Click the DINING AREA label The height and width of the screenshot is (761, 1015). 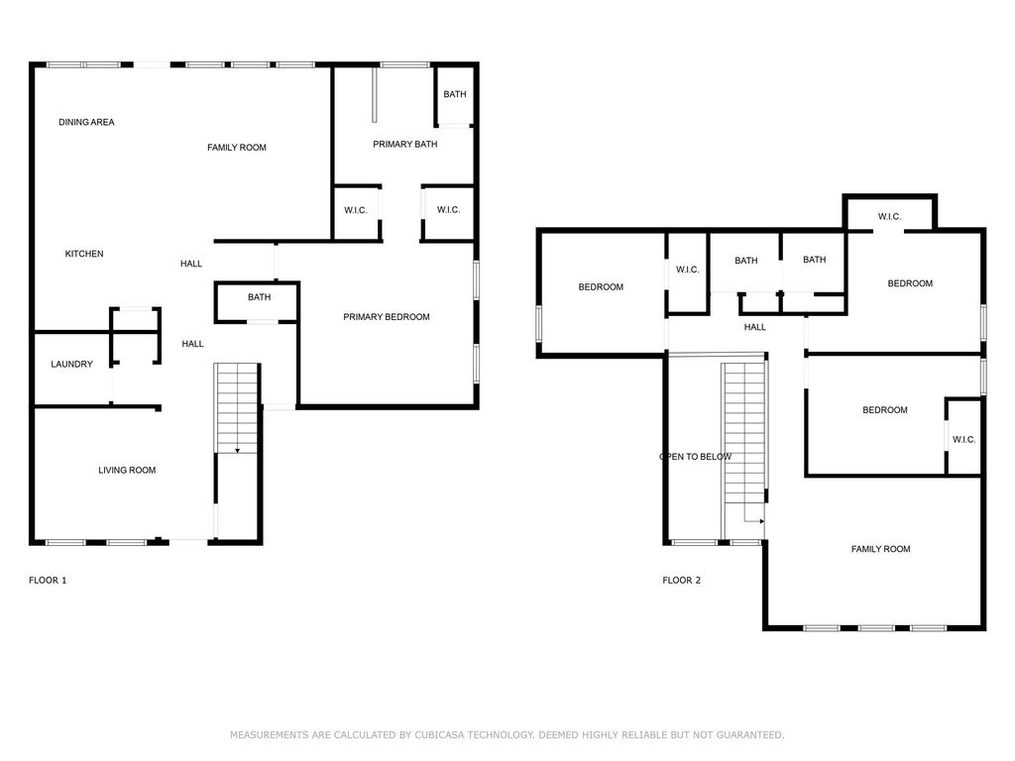[86, 122]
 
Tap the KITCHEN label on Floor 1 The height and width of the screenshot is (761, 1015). [84, 254]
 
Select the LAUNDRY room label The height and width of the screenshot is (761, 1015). [71, 365]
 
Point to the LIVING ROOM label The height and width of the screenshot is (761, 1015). [127, 471]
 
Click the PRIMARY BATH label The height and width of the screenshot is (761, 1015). [405, 145]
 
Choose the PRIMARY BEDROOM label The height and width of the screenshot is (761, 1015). [387, 317]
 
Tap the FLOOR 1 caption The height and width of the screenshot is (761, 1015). [48, 581]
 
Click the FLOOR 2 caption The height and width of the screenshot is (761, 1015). [682, 581]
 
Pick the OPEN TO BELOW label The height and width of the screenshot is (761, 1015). [695, 457]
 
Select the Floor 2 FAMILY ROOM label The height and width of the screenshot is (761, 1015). [880, 549]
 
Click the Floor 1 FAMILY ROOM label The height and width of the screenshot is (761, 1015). [237, 148]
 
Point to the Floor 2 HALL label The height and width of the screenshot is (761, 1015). [754, 327]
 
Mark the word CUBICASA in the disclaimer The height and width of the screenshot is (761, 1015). [438, 735]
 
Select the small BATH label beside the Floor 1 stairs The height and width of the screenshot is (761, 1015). [259, 297]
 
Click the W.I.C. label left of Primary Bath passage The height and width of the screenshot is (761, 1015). [356, 210]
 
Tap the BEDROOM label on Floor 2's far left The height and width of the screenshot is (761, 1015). [601, 287]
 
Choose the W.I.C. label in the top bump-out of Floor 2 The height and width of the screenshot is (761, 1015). [889, 217]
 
